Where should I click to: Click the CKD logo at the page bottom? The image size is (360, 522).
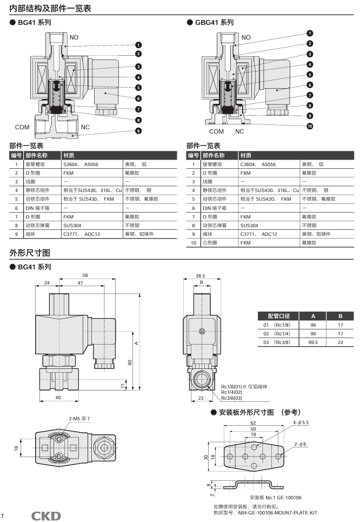pos(46,516)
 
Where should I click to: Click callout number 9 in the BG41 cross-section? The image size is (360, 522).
pos(138,131)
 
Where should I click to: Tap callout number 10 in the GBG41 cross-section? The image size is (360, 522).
pos(310,126)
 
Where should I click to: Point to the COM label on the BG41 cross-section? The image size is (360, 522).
pos(22,127)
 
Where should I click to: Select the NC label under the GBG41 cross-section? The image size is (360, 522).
pos(239,131)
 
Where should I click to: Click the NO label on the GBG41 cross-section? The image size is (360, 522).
pos(246,37)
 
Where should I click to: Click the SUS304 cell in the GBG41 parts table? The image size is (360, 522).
pos(249,226)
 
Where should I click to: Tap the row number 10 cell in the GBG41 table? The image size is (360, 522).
pos(194,243)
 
